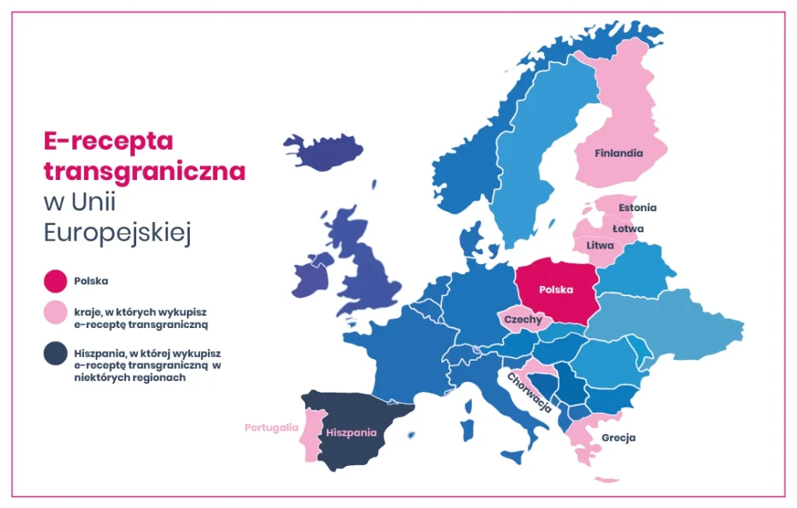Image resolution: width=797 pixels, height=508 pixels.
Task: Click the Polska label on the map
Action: (x=556, y=290)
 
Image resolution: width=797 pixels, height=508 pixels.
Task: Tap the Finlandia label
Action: (x=619, y=153)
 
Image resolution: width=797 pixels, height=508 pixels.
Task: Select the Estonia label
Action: (x=637, y=208)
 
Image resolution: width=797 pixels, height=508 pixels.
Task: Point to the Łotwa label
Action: (x=627, y=229)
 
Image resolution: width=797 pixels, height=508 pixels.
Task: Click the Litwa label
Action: (x=600, y=245)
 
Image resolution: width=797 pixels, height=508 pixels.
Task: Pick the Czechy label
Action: (x=523, y=319)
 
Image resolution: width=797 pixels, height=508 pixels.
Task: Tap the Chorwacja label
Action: (x=529, y=392)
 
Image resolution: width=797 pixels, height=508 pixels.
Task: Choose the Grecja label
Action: (x=618, y=438)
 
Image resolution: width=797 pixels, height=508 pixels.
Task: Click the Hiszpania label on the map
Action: (x=351, y=432)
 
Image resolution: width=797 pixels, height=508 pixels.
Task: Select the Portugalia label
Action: (x=271, y=428)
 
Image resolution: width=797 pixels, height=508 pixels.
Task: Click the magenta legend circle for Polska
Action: (x=56, y=280)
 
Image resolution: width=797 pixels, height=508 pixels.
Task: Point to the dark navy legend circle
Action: (x=56, y=355)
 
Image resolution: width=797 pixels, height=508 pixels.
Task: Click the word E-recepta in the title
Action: (x=108, y=141)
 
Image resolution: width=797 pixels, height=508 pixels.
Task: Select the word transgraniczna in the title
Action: (x=144, y=171)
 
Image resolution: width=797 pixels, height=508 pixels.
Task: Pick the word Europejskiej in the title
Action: (x=118, y=233)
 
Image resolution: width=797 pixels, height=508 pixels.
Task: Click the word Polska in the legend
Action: (x=91, y=280)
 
